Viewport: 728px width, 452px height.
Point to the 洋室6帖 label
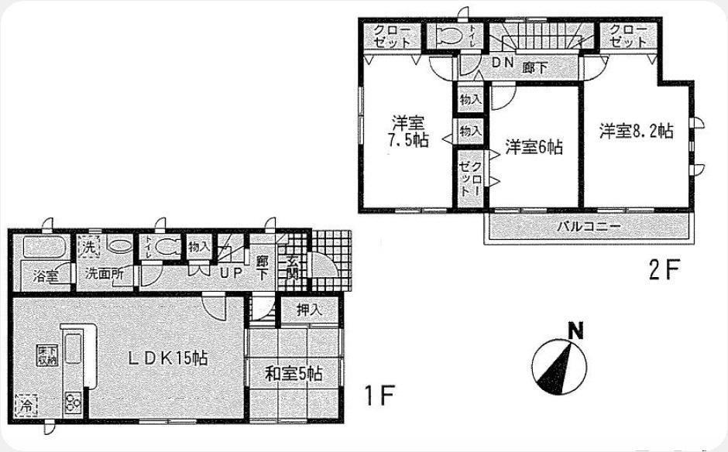(x=534, y=146)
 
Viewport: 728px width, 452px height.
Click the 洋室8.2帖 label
(x=635, y=131)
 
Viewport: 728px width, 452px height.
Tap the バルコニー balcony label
(x=588, y=228)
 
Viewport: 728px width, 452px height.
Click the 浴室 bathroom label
(x=46, y=276)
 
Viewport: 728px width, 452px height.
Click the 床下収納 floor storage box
(x=46, y=356)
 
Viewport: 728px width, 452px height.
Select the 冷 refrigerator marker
(x=26, y=404)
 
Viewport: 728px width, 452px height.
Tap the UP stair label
(x=231, y=273)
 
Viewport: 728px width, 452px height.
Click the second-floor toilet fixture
(x=450, y=35)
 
